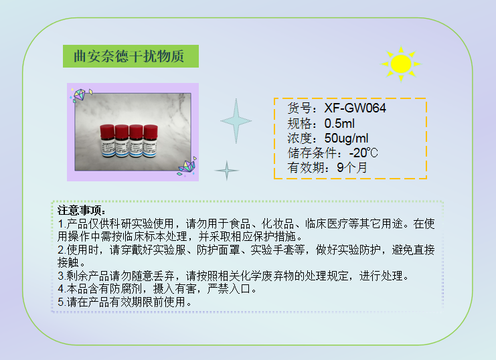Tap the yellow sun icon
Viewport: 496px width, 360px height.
[400, 64]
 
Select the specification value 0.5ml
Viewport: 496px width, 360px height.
[339, 123]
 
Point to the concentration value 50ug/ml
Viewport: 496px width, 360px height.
[346, 138]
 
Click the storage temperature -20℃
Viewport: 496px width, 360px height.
[363, 153]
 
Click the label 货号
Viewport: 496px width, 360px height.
[301, 108]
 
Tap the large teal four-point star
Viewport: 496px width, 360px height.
[237, 120]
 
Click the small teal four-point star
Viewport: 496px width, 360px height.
[226, 171]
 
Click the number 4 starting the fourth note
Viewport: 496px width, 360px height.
[61, 289]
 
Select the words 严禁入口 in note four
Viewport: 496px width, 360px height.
[236, 289]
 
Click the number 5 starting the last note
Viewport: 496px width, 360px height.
[61, 302]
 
